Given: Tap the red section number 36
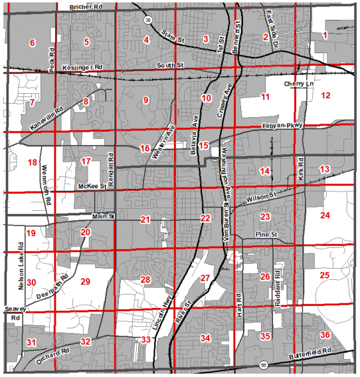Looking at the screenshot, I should coord(325,334).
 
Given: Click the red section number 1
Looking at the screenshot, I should coord(325,35).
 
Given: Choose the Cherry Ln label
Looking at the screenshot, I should coord(296,84).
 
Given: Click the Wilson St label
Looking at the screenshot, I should coord(262,197).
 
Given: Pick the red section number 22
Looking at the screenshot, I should coord(206,218).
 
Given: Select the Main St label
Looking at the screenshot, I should coord(104,216).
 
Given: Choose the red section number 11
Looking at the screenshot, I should coord(265,98).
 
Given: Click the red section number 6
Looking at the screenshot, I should coord(31,43).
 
